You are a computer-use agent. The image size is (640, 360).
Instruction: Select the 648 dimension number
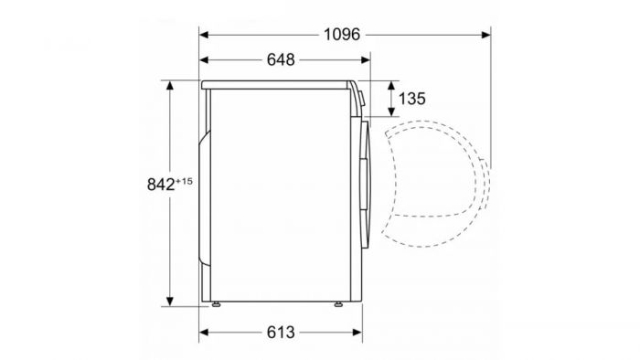tap(282, 60)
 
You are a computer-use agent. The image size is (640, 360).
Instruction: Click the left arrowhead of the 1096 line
tap(206, 35)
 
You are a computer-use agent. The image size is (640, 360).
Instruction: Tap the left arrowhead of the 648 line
tap(206, 60)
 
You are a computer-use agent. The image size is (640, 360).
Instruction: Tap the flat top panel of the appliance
tap(279, 84)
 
